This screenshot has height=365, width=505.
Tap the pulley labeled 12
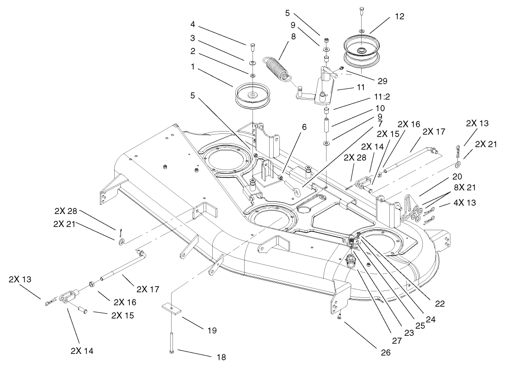pyautogui.click(x=361, y=52)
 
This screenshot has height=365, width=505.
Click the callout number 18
pyautogui.click(x=222, y=357)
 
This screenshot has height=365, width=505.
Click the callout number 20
pyautogui.click(x=457, y=176)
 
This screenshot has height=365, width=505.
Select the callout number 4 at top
pyautogui.click(x=192, y=24)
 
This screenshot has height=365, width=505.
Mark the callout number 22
pyautogui.click(x=440, y=303)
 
